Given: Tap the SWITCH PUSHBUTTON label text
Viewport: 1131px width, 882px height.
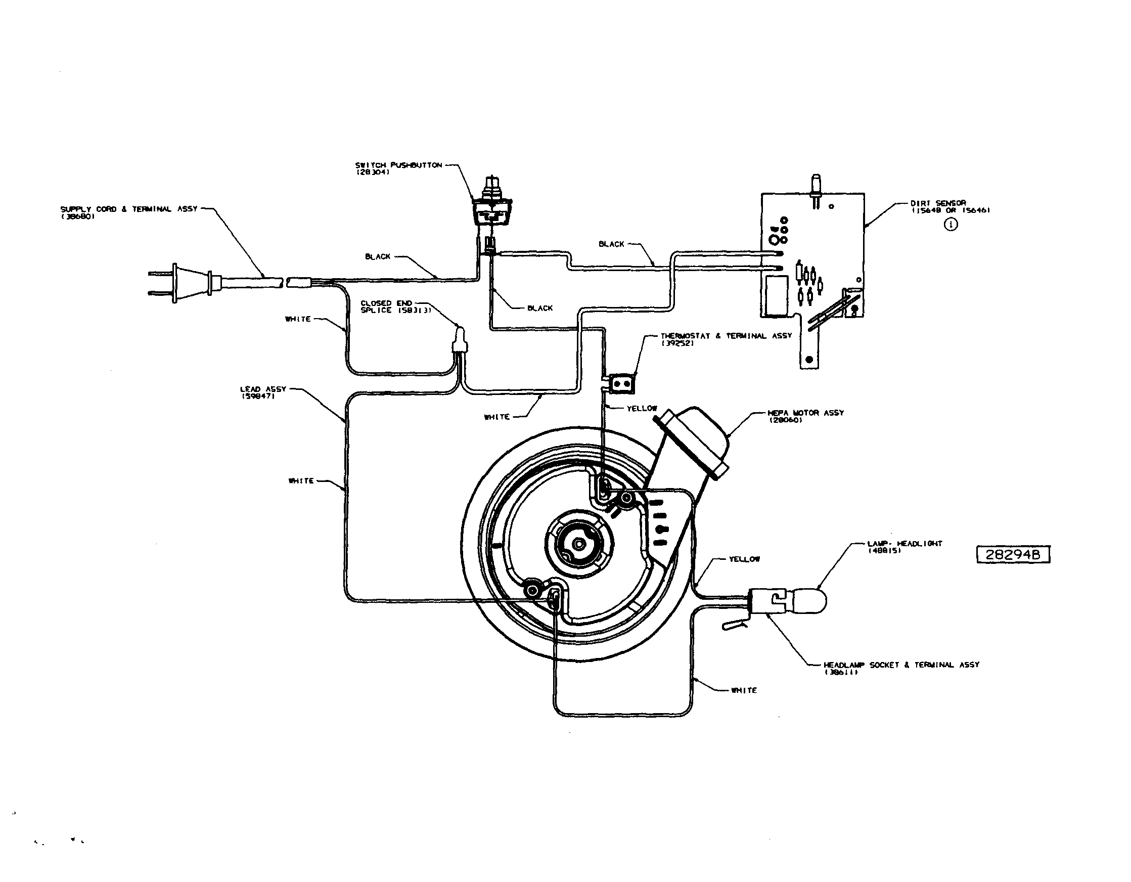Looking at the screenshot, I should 398,165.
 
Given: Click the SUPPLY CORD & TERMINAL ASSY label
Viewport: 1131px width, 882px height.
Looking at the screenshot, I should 129,209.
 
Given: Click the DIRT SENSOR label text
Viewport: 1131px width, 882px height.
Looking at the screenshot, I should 938,203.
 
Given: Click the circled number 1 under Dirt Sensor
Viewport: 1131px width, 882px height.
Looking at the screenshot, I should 951,225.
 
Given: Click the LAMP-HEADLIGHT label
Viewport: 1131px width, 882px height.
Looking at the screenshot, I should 904,544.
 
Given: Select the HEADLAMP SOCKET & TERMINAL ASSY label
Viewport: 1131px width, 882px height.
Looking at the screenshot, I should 901,665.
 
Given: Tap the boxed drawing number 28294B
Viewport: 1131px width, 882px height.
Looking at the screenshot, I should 1013,555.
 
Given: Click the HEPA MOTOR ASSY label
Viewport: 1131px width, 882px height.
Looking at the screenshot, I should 805,413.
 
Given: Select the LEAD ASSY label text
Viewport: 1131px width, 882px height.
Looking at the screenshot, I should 263,389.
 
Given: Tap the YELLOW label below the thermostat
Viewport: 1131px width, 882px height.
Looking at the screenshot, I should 642,409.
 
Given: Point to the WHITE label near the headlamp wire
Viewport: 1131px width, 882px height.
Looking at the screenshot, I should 744,690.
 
